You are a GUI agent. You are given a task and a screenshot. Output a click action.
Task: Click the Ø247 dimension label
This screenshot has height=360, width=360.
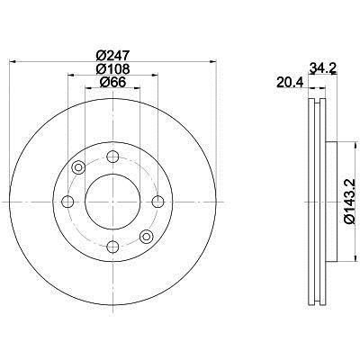112,56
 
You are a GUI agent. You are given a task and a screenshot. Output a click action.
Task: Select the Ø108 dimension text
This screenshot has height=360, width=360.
112,69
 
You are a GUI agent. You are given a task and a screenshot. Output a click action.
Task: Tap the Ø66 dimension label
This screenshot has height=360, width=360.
112,82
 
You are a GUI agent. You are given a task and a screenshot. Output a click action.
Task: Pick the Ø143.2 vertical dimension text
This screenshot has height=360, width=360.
352,201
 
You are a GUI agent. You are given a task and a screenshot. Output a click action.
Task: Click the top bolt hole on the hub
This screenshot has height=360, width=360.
112,157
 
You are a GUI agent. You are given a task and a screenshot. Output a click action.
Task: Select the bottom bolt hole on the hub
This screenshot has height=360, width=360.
112,247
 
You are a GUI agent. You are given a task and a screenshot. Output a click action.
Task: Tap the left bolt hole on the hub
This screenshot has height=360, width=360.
67,202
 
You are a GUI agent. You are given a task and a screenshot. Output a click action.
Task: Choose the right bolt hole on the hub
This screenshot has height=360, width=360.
157,202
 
